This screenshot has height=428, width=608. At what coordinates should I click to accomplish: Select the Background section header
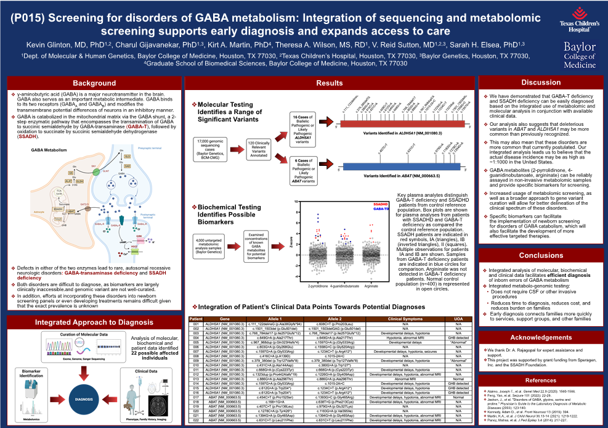[x=94, y=83]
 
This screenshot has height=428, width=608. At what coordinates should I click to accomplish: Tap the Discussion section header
[x=540, y=83]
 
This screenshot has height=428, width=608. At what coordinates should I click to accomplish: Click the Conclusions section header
[x=540, y=255]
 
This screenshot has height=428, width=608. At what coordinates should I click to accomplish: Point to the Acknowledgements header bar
[x=540, y=337]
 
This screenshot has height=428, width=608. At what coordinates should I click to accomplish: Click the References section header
[x=540, y=380]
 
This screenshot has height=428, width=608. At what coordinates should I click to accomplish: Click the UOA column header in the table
[x=458, y=318]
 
